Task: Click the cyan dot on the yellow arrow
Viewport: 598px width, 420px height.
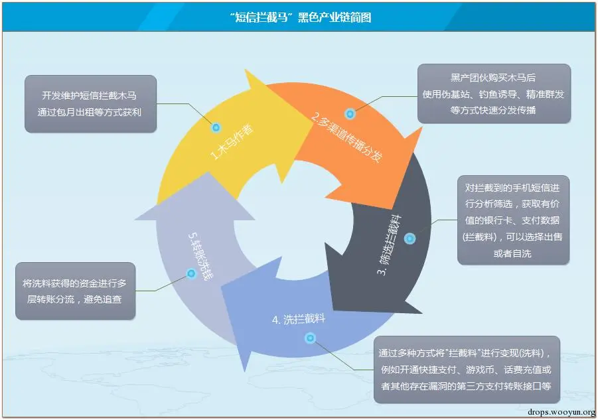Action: [x=216, y=127]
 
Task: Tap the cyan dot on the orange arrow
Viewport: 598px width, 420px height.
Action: [x=350, y=114]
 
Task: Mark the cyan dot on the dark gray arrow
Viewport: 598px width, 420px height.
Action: [x=410, y=238]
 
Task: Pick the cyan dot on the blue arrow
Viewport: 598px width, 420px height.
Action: [x=309, y=338]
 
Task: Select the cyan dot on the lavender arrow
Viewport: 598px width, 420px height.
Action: [x=191, y=273]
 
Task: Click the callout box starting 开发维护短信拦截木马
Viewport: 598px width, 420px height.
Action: [x=91, y=103]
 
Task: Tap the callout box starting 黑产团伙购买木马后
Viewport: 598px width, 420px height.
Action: [x=494, y=94]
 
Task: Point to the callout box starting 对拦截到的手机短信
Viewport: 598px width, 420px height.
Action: [x=512, y=220]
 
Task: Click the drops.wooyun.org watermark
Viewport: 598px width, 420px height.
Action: [x=561, y=412]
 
